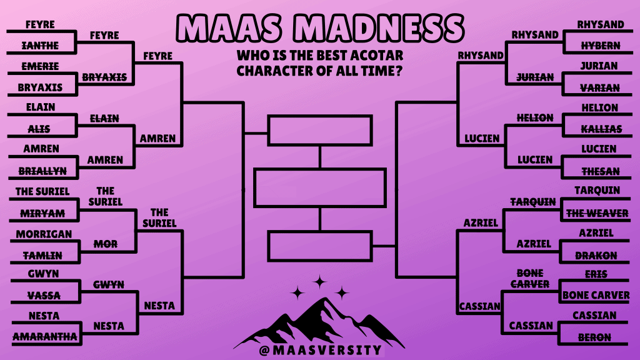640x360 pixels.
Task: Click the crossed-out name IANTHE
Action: (x=40, y=46)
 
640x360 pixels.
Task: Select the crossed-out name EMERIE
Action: (x=40, y=66)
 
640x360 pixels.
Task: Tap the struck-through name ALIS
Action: (x=39, y=129)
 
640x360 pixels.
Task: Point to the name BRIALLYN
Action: (x=42, y=171)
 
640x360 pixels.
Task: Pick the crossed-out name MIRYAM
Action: (x=42, y=213)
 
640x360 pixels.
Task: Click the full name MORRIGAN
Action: (x=44, y=234)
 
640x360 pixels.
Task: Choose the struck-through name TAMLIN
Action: (x=42, y=256)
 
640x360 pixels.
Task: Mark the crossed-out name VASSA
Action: (x=44, y=295)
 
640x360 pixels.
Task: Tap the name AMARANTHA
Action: (x=45, y=336)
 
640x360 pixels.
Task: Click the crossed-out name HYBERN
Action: (x=601, y=46)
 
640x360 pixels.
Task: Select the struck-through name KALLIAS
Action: (x=601, y=129)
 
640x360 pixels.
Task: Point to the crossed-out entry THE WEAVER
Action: (x=597, y=213)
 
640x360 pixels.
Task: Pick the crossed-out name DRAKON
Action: (x=596, y=256)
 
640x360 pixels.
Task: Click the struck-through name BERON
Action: (x=594, y=337)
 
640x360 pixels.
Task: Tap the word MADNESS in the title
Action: (x=378, y=28)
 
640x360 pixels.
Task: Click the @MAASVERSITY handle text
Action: (x=321, y=350)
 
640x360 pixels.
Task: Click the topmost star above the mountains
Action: (x=319, y=282)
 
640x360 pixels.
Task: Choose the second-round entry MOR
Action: (x=106, y=244)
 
